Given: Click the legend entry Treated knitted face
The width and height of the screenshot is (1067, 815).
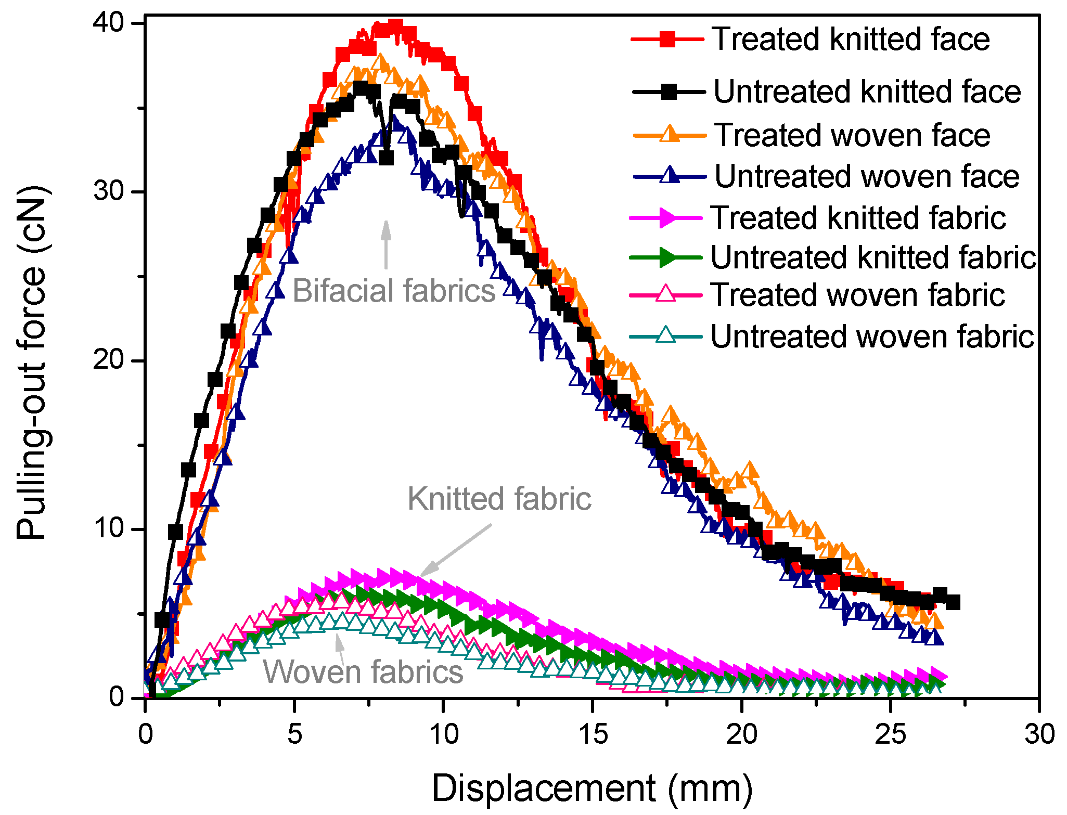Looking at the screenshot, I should tap(850, 40).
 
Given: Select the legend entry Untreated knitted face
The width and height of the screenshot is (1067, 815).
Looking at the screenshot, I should tap(866, 92).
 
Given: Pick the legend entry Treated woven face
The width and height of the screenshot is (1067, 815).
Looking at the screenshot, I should tap(852, 135).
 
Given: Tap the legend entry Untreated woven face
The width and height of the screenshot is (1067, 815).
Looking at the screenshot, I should tap(866, 176).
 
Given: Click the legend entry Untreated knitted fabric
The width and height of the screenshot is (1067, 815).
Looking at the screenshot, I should tap(873, 257).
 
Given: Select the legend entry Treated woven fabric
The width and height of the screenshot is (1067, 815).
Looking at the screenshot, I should tap(857, 295).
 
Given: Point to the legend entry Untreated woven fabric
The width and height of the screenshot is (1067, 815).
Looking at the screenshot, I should tap(872, 337).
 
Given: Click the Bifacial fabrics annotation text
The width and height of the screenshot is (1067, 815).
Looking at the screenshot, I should tap(394, 291).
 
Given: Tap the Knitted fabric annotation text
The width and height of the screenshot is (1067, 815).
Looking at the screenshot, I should tap(499, 499).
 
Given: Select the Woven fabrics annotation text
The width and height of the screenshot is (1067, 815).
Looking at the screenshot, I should tap(363, 671).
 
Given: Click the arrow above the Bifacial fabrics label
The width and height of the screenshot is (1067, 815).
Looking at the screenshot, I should tap(385, 244).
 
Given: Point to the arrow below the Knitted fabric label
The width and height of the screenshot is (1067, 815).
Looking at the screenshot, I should tap(456, 550).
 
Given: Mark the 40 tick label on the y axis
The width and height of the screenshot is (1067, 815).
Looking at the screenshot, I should tap(109, 23).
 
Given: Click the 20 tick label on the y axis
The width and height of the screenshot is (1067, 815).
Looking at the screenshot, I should tap(109, 360).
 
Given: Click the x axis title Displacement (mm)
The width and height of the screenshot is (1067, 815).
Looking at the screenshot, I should tap(592, 788).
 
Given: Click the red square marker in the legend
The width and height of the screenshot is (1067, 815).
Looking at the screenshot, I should tap(667, 40).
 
